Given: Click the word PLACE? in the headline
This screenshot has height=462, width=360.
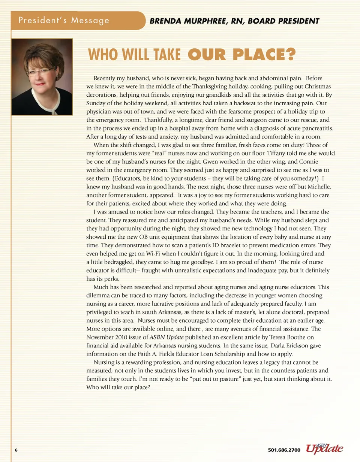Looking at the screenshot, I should (x=264, y=55).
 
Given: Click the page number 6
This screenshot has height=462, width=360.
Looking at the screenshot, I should (x=16, y=450).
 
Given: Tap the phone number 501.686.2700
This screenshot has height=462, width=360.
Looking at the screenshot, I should (x=284, y=450).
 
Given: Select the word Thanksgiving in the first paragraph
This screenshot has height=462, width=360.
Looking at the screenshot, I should (x=210, y=87).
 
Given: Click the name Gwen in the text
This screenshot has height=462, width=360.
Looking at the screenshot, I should (x=211, y=161).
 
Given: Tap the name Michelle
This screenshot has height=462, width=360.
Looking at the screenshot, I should (x=319, y=187).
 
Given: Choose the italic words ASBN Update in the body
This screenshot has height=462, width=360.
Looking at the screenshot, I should (x=166, y=337).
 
